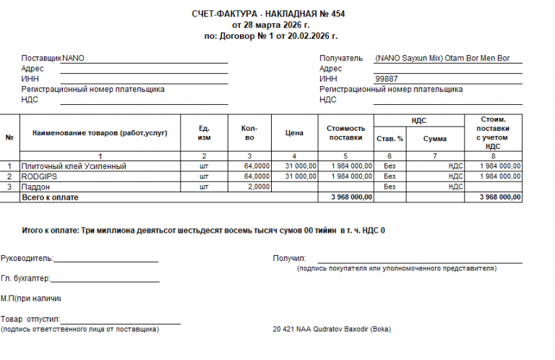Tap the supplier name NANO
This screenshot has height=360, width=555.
[74, 58]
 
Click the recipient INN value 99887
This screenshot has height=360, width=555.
[387, 79]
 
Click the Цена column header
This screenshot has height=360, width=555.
[294, 133]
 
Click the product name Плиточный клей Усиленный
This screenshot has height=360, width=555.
[74, 166]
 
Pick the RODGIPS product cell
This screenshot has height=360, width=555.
[39, 176]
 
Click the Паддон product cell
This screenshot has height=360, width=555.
[36, 187]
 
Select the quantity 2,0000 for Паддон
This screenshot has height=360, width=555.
[258, 187]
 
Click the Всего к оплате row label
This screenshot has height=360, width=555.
[50, 197]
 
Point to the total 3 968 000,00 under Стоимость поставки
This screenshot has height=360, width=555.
[351, 197]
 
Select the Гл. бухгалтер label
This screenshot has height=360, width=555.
[25, 278]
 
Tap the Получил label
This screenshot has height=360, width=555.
[289, 257]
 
